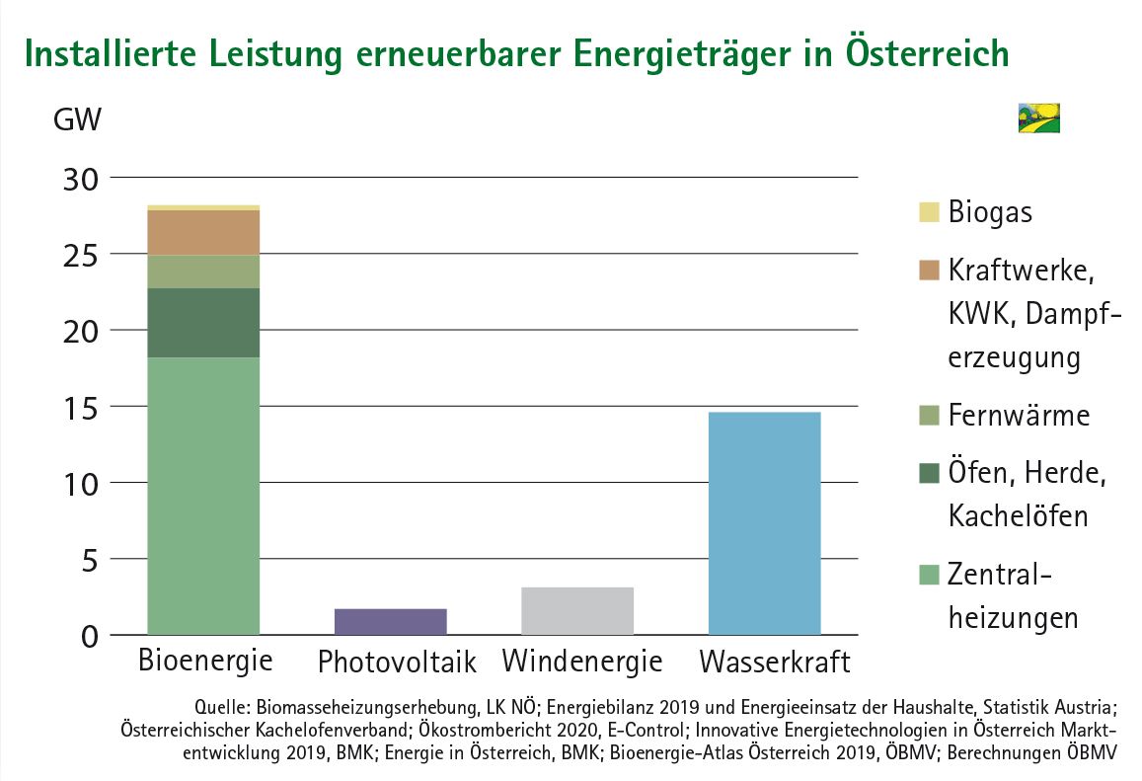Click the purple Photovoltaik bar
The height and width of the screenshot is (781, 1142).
click(391, 621)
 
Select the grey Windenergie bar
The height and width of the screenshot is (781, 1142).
click(577, 610)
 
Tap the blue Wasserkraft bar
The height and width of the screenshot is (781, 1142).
click(765, 522)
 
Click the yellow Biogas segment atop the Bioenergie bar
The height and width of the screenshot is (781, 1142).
click(203, 207)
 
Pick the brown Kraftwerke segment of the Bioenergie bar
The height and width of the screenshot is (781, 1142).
click(203, 232)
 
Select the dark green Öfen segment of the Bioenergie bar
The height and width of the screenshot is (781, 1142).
click(203, 322)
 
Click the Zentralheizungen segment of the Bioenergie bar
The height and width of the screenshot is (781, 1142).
click(203, 494)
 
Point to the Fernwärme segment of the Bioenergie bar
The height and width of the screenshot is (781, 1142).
click(203, 272)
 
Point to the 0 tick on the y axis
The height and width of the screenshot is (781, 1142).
click(88, 636)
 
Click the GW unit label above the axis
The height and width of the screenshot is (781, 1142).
click(76, 121)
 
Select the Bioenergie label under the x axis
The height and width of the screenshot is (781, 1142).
click(205, 660)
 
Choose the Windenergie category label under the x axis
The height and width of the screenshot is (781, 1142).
click(581, 661)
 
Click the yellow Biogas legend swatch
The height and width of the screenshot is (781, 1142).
click(927, 210)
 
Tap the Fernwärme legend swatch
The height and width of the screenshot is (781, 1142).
click(927, 416)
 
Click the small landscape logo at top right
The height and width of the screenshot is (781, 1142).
click(1037, 117)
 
